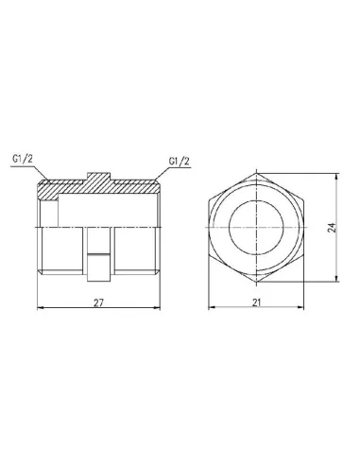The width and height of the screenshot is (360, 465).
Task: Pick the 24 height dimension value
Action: pos(334,227)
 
